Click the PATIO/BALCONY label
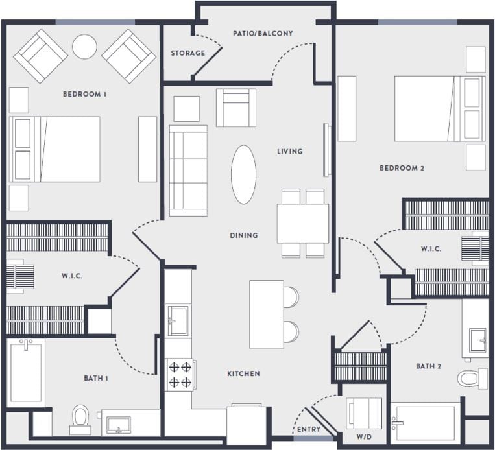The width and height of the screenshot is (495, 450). [x=263, y=33]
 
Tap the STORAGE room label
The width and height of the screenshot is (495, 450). [x=188, y=53]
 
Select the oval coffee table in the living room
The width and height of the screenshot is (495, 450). [x=243, y=174]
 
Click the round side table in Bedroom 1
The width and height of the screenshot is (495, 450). [x=84, y=47]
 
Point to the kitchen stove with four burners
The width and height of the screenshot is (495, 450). [x=180, y=375]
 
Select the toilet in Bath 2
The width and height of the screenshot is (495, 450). [x=471, y=377]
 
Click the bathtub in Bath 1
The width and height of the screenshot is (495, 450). [x=26, y=373]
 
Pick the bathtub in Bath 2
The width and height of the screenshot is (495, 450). [x=426, y=424]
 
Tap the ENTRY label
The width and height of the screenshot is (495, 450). [x=308, y=429]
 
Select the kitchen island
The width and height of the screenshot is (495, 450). [x=267, y=314]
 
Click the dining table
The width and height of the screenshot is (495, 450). [x=302, y=223]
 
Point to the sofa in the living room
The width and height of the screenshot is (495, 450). [x=188, y=171]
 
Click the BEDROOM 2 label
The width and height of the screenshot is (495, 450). [x=402, y=169]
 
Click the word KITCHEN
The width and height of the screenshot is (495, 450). [x=243, y=373]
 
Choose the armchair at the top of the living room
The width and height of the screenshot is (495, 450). [x=235, y=108]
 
